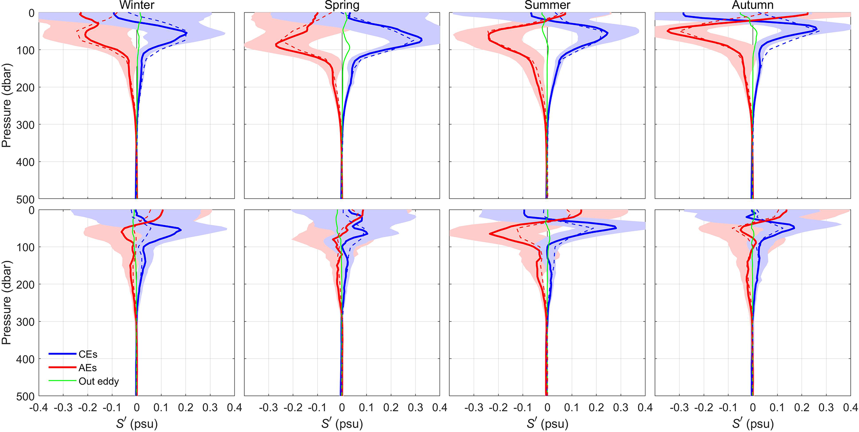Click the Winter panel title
click(137, 5)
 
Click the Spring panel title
click(342, 5)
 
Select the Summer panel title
click(547, 5)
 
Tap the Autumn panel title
click(753, 5)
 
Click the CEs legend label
click(88, 354)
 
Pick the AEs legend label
click(87, 368)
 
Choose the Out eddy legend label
click(98, 381)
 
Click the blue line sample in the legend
click(63, 354)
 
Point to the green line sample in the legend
click(63, 381)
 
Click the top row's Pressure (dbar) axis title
click(6, 106)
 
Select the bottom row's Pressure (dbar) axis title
click(6, 302)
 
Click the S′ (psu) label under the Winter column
click(137, 424)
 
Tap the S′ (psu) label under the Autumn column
click(753, 424)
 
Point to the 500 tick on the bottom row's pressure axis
click(26, 397)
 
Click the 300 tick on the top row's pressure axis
click(26, 125)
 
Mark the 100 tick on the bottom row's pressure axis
click(26, 248)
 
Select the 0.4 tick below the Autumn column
click(850, 407)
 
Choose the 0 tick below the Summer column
click(547, 407)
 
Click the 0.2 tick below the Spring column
click(391, 407)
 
